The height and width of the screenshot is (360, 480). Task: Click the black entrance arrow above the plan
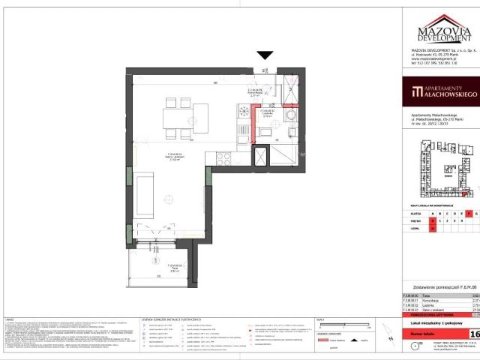(265, 55)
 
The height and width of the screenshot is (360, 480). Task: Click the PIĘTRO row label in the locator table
(417, 222)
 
